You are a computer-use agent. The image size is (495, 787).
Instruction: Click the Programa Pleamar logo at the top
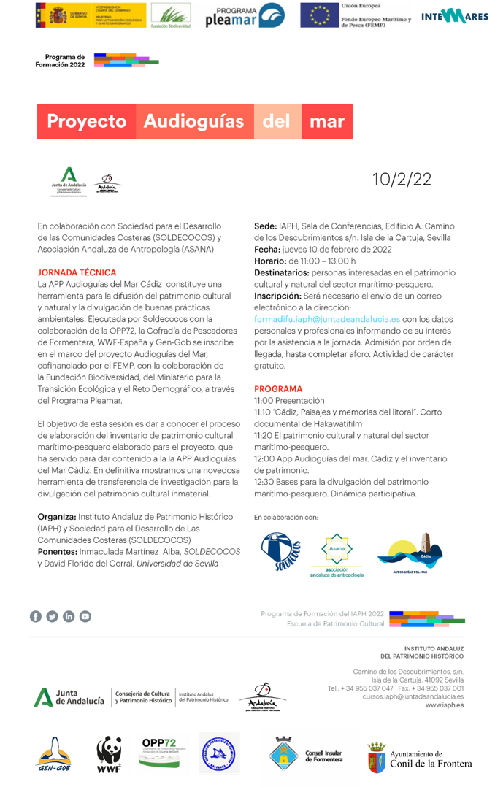[244, 15]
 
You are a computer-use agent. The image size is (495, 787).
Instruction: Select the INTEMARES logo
[454, 16]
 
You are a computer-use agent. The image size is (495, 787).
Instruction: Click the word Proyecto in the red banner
[86, 121]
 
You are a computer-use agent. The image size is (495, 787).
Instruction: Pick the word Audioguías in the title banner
[193, 121]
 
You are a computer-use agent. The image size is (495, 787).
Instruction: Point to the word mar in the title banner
[326, 121]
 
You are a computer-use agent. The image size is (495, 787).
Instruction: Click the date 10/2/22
[402, 180]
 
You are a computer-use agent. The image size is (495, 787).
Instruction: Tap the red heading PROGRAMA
[277, 389]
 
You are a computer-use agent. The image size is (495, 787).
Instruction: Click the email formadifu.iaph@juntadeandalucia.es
[326, 319]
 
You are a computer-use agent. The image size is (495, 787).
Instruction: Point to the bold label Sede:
[264, 226]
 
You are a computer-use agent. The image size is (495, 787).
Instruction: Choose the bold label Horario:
[270, 261]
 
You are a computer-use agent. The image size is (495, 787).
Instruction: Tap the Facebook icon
[35, 616]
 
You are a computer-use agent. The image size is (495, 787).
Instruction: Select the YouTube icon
[85, 616]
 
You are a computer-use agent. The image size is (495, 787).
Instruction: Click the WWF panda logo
[109, 753]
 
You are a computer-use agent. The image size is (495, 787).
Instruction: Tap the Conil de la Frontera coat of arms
[375, 757]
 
